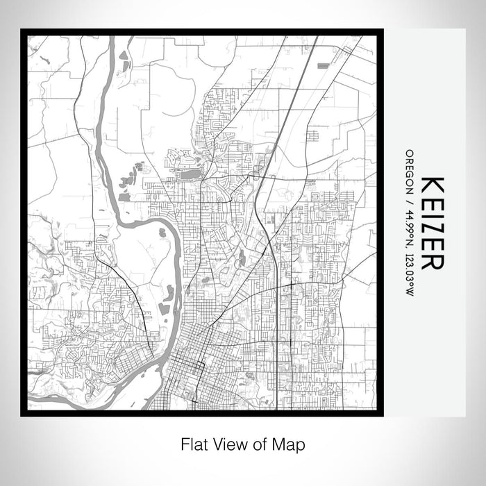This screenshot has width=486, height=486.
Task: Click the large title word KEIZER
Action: [x=432, y=222]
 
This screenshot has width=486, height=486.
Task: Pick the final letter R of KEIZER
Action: [x=432, y=260]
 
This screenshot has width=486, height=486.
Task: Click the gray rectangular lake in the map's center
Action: [x=190, y=174]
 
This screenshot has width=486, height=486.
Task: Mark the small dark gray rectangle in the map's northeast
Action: [x=322, y=65]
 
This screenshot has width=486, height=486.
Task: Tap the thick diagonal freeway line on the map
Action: [x=292, y=104]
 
